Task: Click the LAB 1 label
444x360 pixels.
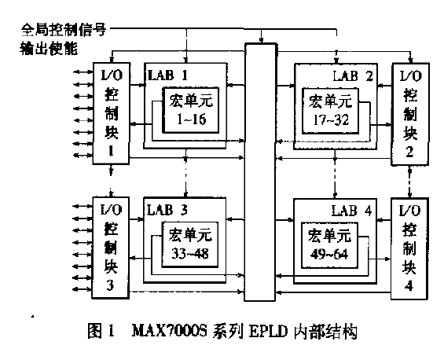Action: click(167, 75)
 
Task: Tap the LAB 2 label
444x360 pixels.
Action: click(353, 76)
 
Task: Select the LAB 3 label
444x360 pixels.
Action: click(167, 210)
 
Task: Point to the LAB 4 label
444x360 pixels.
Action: click(352, 211)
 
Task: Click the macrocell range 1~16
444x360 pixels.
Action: click(192, 119)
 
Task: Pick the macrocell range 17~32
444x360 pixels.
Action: click(331, 120)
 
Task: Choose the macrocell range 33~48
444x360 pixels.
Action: click(190, 254)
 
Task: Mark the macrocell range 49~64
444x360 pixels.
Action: click(329, 254)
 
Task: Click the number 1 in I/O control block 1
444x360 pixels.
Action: click(111, 151)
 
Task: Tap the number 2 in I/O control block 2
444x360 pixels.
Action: click(409, 152)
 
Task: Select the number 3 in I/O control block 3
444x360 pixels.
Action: click(110, 285)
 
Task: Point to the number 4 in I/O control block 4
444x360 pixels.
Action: click(409, 286)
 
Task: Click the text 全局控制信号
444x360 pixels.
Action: click(64, 29)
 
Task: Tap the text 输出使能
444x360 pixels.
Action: click(49, 48)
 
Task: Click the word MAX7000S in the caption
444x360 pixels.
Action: click(170, 331)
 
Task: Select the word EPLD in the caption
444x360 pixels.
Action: click(268, 331)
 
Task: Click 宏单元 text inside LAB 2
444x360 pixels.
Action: click(330, 101)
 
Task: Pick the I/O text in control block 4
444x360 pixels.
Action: click(409, 211)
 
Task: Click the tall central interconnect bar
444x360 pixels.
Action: click(260, 172)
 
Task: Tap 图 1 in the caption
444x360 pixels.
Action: click(101, 331)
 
